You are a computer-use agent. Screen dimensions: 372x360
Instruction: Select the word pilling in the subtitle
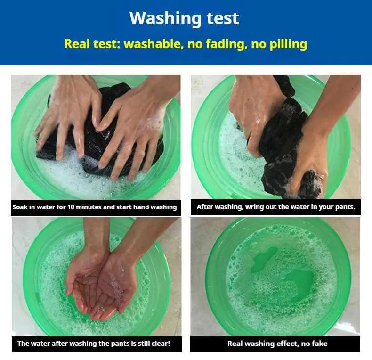pyautogui.click(x=289, y=44)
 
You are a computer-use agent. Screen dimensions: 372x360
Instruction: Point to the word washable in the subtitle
pyautogui.click(x=154, y=44)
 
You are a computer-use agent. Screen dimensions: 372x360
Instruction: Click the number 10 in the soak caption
pyautogui.click(x=71, y=207)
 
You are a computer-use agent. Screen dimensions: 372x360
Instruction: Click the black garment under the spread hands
pyautogui.click(x=100, y=133)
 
